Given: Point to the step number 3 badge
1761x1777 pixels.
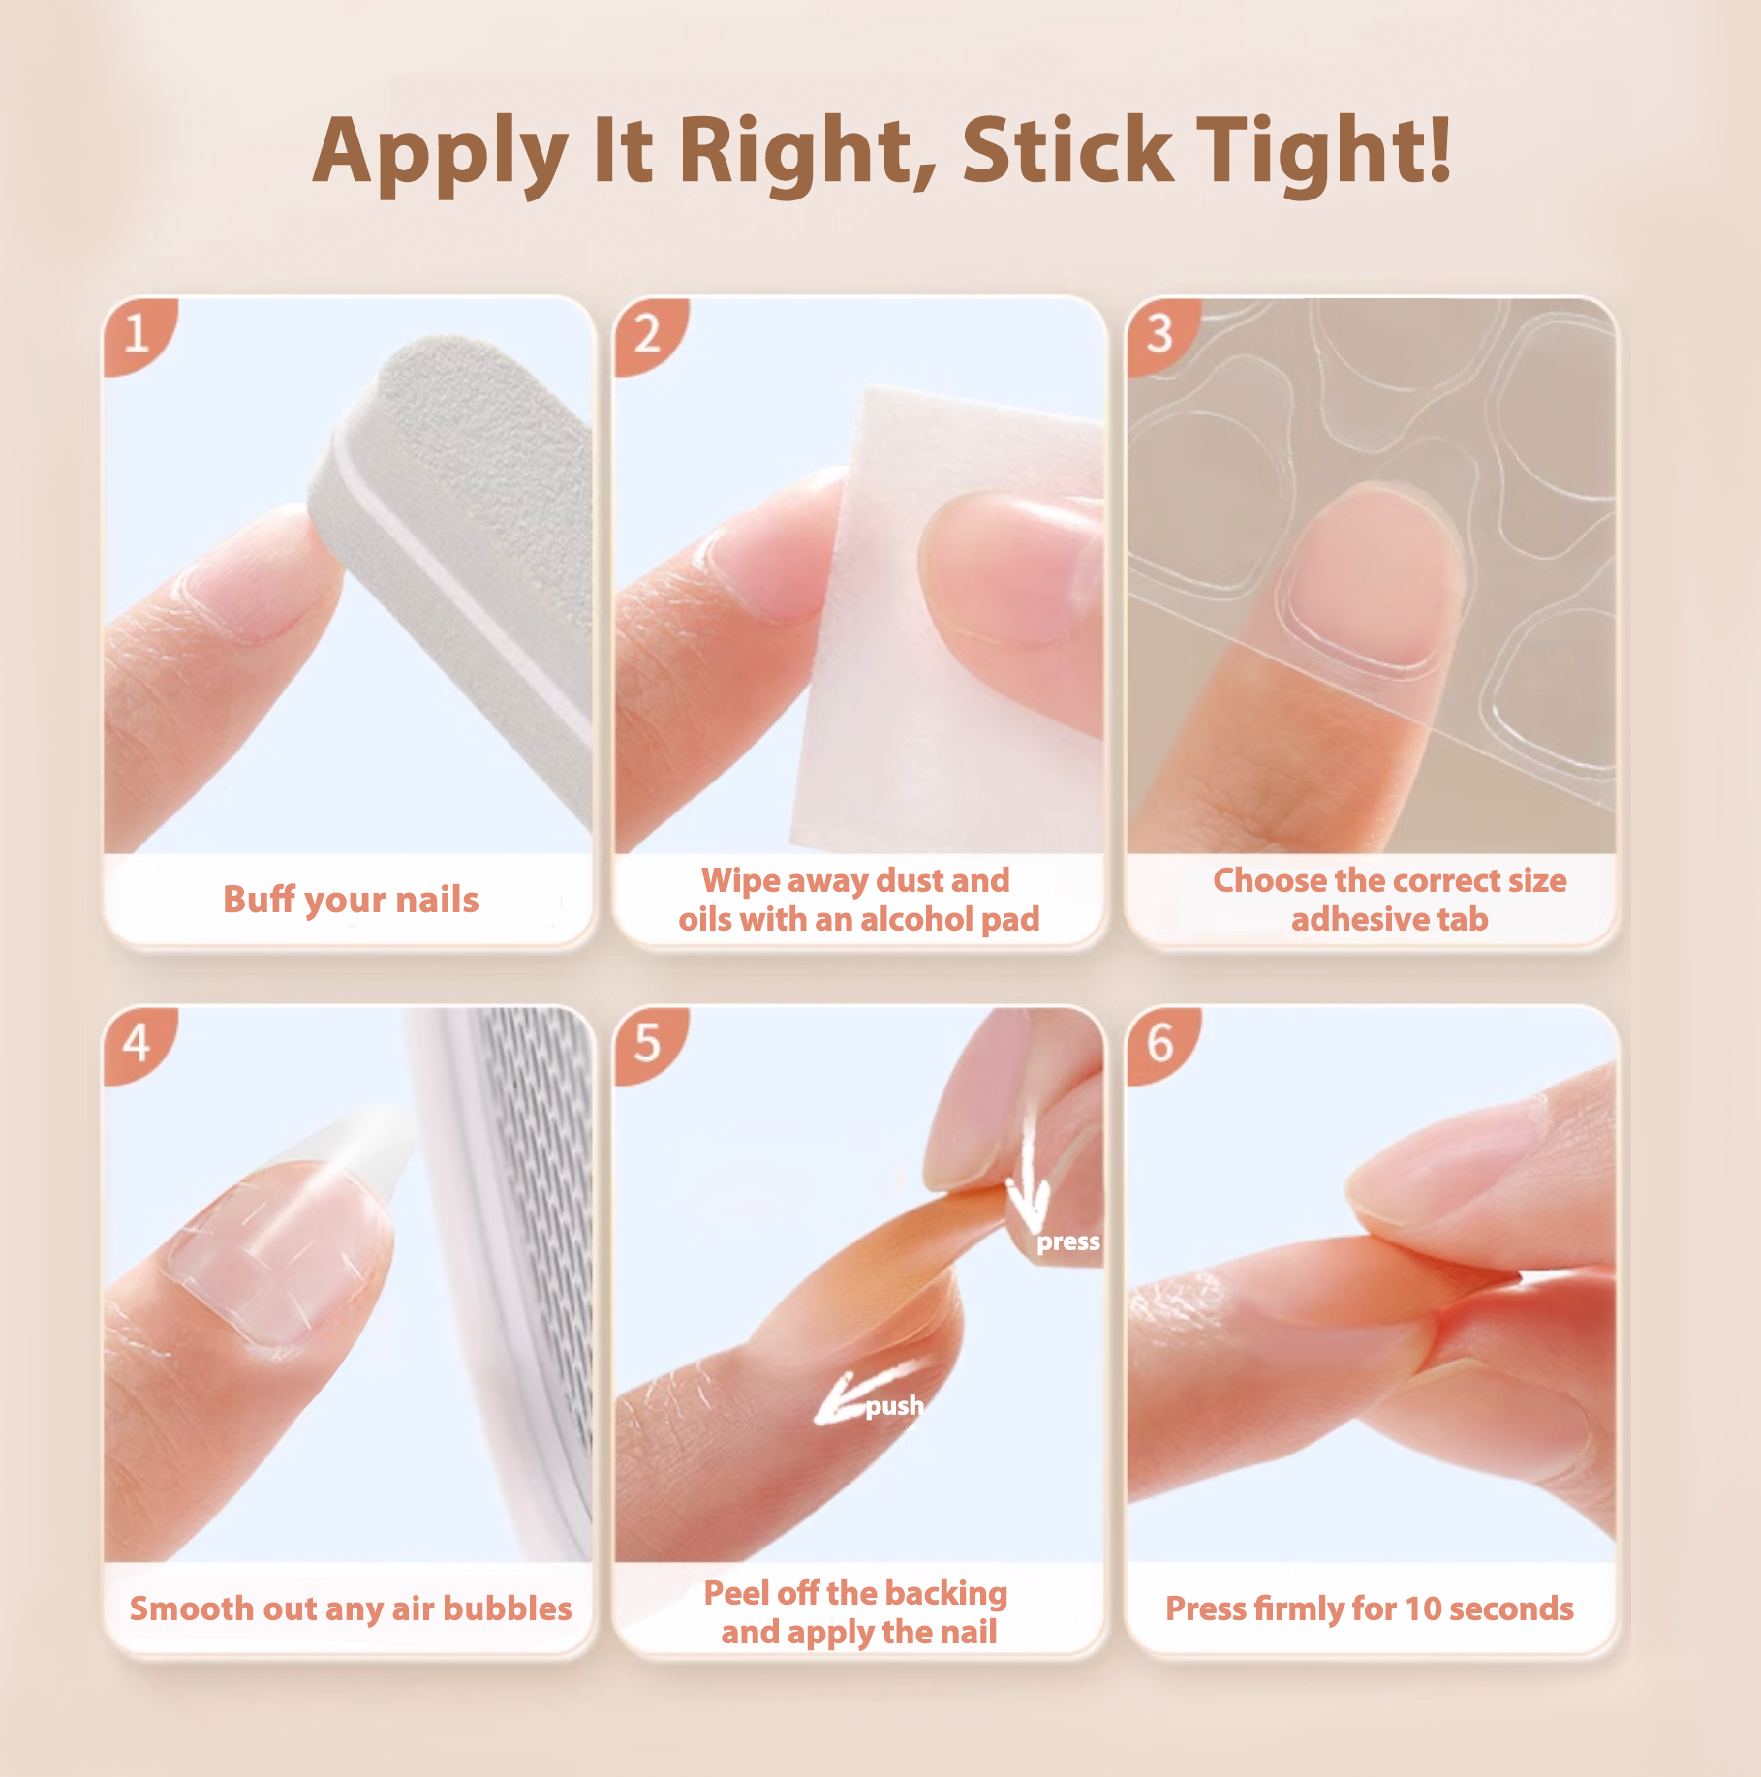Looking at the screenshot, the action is [x=1162, y=335].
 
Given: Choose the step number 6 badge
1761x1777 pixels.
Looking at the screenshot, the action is [x=1162, y=1044].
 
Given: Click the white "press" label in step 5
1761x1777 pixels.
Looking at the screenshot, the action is [x=1068, y=1241].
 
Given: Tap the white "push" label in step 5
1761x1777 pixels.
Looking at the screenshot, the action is [x=894, y=1406].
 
